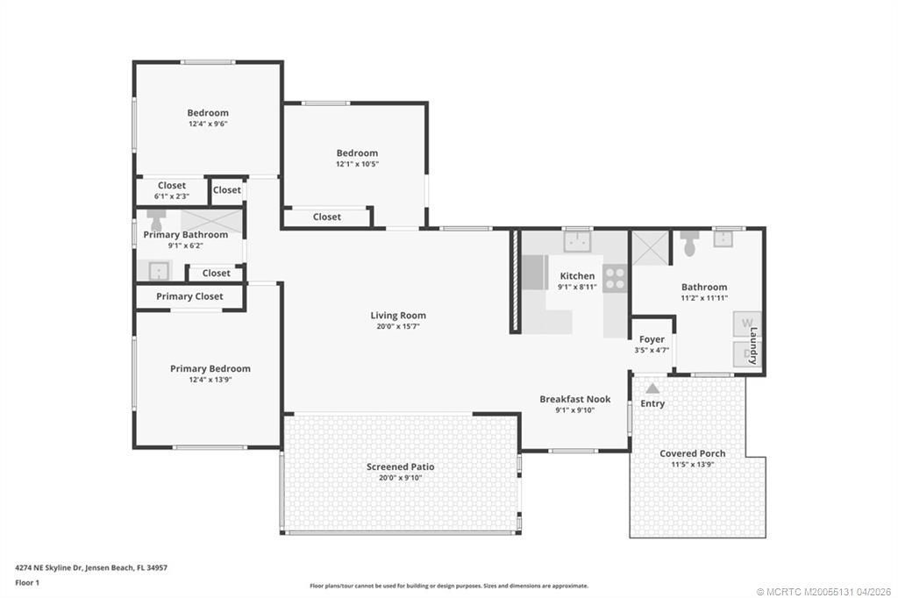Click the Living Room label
pos(398,316)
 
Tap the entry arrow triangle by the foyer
pos(652,388)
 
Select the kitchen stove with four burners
pos(615,279)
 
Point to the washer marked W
pos(747,324)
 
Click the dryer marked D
pos(747,353)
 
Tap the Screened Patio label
pos(400,466)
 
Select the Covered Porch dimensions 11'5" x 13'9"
pos(692,465)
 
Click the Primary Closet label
pos(189,296)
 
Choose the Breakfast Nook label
pos(574,399)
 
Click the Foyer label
pos(652,339)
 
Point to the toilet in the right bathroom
pos(689,245)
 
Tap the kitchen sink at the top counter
pos(577,239)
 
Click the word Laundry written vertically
pos(753,346)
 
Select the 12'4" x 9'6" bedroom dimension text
pos(208,125)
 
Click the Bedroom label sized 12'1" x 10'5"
pos(357,153)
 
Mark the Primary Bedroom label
pos(210,368)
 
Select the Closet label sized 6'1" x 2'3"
pos(172,185)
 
